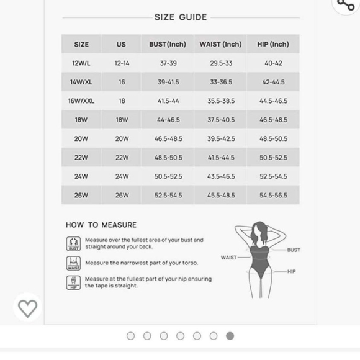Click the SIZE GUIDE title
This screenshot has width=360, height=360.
click(x=180, y=17)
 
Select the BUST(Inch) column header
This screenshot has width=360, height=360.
click(x=168, y=44)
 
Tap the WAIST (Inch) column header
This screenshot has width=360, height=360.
click(x=220, y=44)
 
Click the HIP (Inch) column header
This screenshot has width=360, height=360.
click(x=273, y=44)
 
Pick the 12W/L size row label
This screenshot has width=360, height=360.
click(x=81, y=63)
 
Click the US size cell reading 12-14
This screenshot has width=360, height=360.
click(x=122, y=63)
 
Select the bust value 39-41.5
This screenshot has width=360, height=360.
click(x=168, y=82)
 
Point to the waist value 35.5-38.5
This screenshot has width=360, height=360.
click(x=221, y=101)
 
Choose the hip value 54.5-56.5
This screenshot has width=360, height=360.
click(x=273, y=195)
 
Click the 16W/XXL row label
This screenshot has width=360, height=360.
click(x=81, y=101)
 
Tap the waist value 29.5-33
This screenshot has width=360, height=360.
click(x=221, y=63)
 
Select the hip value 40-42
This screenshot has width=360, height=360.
click(x=273, y=63)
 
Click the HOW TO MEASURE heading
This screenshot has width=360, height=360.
click(x=101, y=225)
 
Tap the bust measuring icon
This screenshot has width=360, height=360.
click(x=73, y=243)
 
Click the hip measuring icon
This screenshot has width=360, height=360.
click(x=73, y=282)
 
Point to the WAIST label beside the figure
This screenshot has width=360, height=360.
click(x=228, y=258)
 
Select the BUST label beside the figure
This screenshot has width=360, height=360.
click(x=294, y=250)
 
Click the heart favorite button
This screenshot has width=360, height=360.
click(x=27, y=308)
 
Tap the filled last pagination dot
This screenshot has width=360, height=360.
click(x=230, y=336)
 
